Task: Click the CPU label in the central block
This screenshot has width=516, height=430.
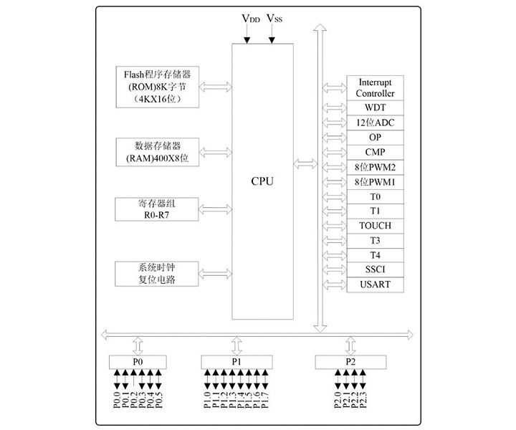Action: coord(262,181)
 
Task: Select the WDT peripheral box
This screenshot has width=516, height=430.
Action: coord(375,107)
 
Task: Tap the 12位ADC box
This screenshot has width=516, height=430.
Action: coord(375,123)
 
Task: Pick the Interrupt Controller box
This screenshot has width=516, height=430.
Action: coord(375,88)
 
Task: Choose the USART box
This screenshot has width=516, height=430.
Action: coord(375,285)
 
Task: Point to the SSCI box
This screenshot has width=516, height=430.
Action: coord(375,270)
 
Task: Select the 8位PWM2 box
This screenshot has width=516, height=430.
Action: coord(375,167)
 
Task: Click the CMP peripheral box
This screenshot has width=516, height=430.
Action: coord(375,152)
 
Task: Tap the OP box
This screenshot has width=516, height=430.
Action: coord(375,137)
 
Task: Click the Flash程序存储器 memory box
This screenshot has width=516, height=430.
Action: coord(158,87)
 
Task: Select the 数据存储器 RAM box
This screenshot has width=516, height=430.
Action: coord(158,152)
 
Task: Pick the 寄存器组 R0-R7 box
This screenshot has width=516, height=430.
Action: coord(158,209)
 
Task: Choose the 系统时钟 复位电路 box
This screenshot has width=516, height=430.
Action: coord(158,274)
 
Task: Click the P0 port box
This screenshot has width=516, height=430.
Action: coord(138,362)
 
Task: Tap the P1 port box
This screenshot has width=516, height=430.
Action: coord(236,362)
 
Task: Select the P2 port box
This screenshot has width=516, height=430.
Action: coord(350,362)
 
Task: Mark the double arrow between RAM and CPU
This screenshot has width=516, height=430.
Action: coord(214,152)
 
